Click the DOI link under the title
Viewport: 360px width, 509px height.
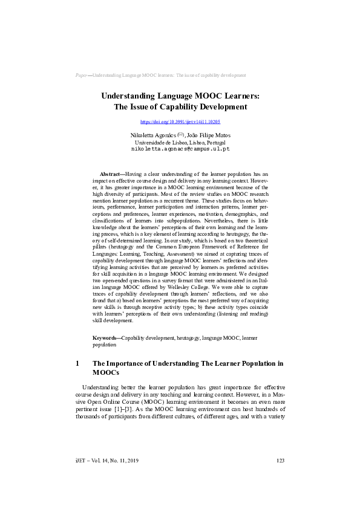tap(180, 122)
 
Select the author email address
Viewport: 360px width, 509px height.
tap(180, 148)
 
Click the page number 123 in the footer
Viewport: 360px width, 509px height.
tap(280, 461)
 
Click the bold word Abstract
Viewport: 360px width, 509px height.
tap(110, 173)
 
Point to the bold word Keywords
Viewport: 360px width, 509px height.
tap(106, 337)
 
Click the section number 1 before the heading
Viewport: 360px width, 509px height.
tap(77, 364)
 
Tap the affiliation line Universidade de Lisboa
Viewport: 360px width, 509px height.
tap(180, 141)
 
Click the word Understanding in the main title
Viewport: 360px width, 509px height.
tap(130, 96)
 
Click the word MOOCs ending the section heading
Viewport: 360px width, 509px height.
tap(108, 373)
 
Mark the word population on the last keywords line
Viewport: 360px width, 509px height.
tap(104, 344)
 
